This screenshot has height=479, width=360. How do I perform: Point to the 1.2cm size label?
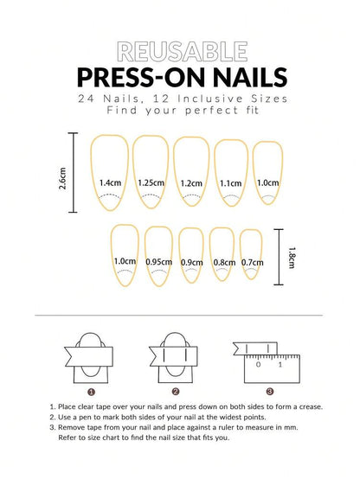[x=191, y=183]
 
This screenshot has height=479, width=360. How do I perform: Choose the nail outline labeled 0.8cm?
[x=223, y=256]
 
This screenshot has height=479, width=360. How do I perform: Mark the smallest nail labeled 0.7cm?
[x=252, y=256]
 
